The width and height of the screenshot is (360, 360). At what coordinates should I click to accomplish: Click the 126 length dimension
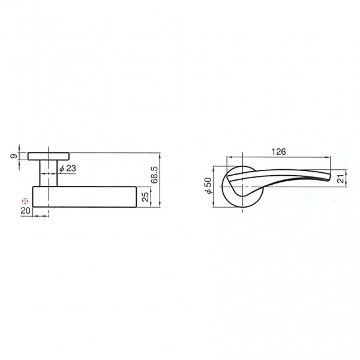click(278, 152)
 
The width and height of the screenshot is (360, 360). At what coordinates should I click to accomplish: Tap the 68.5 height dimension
click(155, 175)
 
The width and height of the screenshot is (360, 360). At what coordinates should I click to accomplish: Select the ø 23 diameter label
click(67, 169)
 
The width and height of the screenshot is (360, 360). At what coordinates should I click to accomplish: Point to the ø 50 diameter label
click(208, 185)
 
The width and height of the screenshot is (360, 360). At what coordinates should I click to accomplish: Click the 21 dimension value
click(342, 178)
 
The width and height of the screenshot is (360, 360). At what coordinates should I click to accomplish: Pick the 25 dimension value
click(145, 197)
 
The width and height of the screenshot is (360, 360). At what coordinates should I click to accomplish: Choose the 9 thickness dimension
click(14, 156)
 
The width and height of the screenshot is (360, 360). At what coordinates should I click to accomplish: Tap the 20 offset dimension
click(25, 211)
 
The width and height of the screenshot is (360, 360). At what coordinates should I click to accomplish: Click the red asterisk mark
click(25, 201)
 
